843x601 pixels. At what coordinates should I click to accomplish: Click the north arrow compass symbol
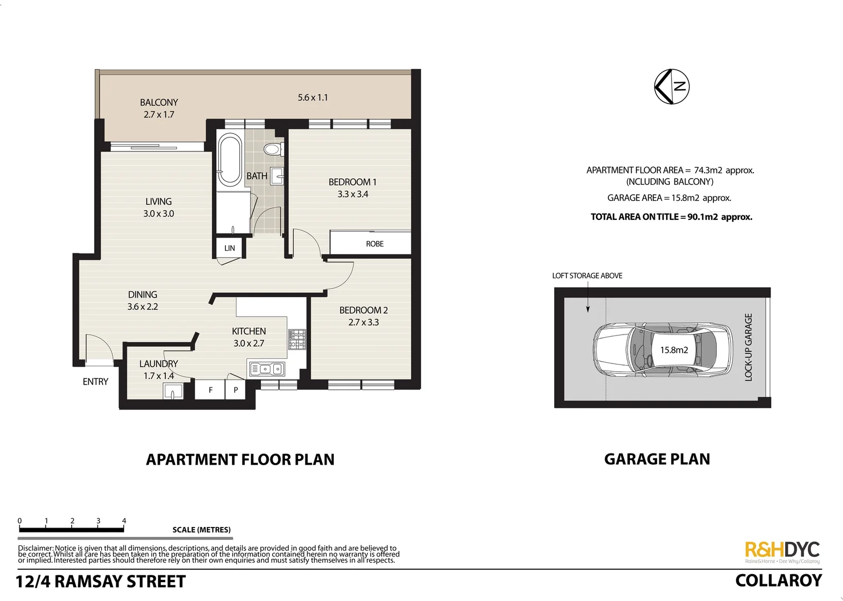click(672, 87)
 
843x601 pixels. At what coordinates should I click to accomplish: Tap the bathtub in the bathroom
click(229, 159)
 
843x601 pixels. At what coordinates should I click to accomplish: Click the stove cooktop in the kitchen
click(297, 339)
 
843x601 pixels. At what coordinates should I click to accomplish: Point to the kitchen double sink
click(267, 368)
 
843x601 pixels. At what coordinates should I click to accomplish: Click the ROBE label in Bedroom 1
click(374, 244)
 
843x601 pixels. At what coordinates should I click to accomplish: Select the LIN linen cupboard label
click(229, 248)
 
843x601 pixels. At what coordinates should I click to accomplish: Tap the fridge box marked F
click(210, 390)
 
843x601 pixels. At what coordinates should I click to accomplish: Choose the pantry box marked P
click(236, 390)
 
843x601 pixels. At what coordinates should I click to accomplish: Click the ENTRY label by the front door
click(95, 382)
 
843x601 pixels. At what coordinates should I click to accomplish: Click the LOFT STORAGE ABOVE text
click(587, 275)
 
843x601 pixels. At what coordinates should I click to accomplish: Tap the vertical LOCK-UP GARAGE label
click(748, 347)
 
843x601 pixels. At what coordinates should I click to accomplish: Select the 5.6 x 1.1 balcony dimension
click(313, 97)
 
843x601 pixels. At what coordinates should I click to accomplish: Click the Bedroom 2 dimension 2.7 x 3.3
click(363, 322)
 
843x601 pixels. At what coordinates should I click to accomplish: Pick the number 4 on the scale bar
click(124, 521)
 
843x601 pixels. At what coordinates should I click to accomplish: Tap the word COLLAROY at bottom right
click(778, 580)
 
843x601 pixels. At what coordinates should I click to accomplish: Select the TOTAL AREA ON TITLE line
click(671, 217)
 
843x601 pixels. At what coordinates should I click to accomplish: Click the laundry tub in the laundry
click(172, 392)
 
